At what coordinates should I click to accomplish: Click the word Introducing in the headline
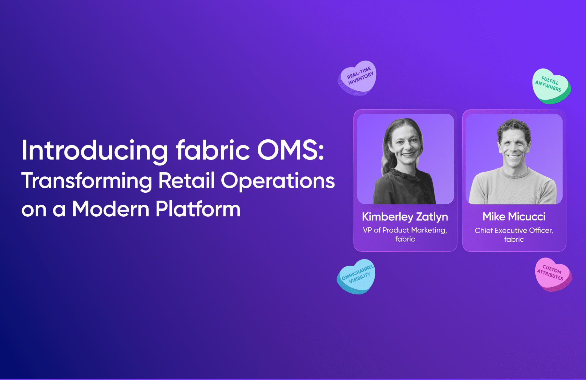pyautogui.click(x=95, y=151)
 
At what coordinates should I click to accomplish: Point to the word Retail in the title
pyautogui.click(x=186, y=180)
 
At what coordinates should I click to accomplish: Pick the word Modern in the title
pyautogui.click(x=110, y=209)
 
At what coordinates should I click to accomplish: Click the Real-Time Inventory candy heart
pyautogui.click(x=357, y=78)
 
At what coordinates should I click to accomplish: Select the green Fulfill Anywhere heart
pyautogui.click(x=551, y=86)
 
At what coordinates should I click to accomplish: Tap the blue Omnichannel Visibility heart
pyautogui.click(x=356, y=277)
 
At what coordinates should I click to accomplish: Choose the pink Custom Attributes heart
pyautogui.click(x=553, y=275)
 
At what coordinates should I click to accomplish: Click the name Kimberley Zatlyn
pyautogui.click(x=405, y=217)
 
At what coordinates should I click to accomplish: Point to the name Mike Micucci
pyautogui.click(x=514, y=216)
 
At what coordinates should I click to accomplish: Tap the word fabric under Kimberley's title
pyautogui.click(x=405, y=239)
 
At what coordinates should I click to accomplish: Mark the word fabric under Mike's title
pyautogui.click(x=514, y=239)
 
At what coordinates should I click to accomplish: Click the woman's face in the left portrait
pyautogui.click(x=406, y=147)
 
